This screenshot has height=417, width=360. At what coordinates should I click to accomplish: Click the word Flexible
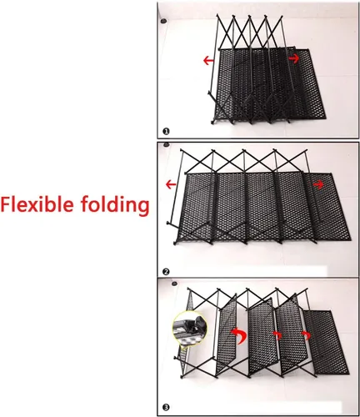(37, 204)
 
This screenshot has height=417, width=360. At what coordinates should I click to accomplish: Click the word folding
(115, 206)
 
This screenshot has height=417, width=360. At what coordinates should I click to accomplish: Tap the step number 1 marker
(166, 131)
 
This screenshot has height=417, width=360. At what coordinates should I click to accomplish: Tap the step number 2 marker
(166, 272)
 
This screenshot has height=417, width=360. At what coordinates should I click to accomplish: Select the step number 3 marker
(166, 408)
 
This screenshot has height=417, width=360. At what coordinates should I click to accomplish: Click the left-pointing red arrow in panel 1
(208, 60)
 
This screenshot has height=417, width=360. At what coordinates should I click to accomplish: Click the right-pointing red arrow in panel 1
(294, 58)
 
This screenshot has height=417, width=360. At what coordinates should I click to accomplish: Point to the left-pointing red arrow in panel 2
(171, 184)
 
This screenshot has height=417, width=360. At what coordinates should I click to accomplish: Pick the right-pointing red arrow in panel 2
(318, 184)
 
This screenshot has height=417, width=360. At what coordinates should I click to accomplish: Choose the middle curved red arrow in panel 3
(278, 334)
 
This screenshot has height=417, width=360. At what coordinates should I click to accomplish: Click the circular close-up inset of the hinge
(190, 329)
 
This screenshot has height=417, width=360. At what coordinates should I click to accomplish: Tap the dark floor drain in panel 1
(163, 21)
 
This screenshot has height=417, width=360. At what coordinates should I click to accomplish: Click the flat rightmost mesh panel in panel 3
(326, 343)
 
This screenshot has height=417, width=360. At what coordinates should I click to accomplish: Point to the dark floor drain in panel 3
(174, 284)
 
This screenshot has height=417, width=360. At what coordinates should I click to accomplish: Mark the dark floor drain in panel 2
(167, 144)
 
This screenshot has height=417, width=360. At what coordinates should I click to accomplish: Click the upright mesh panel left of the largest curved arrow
(227, 334)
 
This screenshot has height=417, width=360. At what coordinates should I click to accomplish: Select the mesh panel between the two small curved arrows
(291, 335)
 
